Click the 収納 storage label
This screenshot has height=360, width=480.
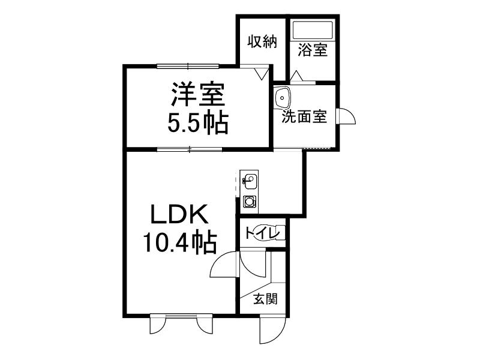(262, 41)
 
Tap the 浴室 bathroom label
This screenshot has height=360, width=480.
(313, 50)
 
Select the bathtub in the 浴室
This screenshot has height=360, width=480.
(313, 29)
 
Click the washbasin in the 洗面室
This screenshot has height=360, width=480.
(281, 97)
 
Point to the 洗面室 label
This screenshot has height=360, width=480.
(304, 116)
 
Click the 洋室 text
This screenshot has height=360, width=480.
(198, 94)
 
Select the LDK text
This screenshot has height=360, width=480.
(179, 214)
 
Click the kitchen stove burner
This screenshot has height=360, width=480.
(250, 202)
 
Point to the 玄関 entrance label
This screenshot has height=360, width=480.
(265, 299)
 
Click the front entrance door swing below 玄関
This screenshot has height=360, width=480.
(273, 330)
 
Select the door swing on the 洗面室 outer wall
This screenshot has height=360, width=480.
(346, 116)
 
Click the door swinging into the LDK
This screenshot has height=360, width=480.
(222, 264)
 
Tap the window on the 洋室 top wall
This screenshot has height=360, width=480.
(188, 66)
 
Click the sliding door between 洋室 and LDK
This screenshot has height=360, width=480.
(190, 149)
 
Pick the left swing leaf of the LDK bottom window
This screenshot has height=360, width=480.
(158, 324)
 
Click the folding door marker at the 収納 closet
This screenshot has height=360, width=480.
(262, 74)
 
